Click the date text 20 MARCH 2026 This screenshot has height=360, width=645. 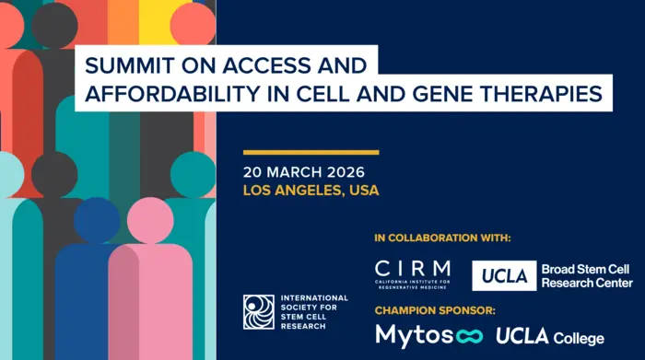click(x=304, y=172)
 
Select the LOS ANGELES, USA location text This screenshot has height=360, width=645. click(x=311, y=191)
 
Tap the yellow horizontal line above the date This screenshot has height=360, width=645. click(x=311, y=152)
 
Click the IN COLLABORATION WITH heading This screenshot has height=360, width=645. click(x=442, y=238)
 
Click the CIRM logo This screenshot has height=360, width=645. click(x=413, y=273)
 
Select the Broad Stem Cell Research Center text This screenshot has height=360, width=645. click(x=587, y=275)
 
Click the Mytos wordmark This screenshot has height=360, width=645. click(x=416, y=334)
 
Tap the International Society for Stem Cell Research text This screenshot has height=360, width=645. click(x=314, y=311)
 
